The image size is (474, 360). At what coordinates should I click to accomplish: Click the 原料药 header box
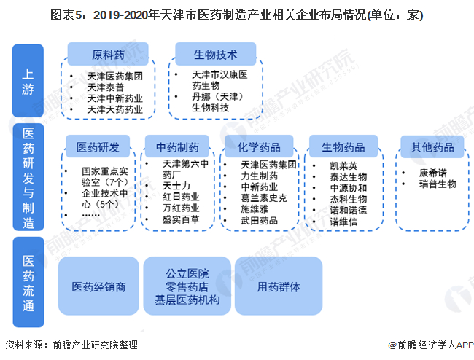pyautogui.click(x=108, y=55)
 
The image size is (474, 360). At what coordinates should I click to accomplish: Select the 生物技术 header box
pyautogui.click(x=215, y=55)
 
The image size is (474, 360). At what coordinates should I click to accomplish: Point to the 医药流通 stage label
pyautogui.click(x=28, y=281)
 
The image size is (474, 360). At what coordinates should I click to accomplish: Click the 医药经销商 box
pyautogui.click(x=99, y=286)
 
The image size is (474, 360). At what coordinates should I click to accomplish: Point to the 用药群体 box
pyautogui.click(x=279, y=286)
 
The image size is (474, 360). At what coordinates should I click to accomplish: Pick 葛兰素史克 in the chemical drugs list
pyautogui.click(x=263, y=197)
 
